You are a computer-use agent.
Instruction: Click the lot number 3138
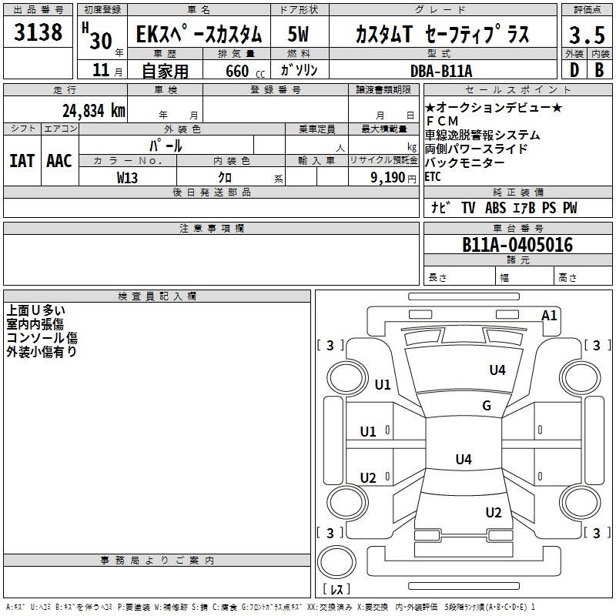(38, 32)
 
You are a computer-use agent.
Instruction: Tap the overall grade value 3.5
(587, 35)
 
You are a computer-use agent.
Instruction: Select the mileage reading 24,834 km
(94, 111)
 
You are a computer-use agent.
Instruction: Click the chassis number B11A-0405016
(517, 245)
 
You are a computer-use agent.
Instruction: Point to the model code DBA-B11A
(441, 71)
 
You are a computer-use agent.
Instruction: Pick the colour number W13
(127, 178)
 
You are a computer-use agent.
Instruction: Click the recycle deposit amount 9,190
(387, 178)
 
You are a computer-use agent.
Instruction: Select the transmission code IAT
(22, 161)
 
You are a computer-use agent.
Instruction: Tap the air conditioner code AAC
(59, 161)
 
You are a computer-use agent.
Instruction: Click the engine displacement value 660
(237, 71)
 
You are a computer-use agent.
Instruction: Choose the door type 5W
(298, 34)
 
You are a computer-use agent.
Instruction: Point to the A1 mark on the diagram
(549, 316)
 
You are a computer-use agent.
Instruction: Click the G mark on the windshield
(487, 405)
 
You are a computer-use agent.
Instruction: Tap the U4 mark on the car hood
(497, 370)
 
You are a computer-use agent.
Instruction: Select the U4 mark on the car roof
(464, 459)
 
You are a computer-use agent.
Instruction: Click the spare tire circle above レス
(336, 562)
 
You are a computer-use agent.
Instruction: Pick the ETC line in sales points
(433, 177)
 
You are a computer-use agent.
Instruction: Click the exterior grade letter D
(574, 70)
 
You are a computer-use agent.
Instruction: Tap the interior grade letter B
(599, 70)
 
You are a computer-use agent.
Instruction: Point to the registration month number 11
(101, 70)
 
